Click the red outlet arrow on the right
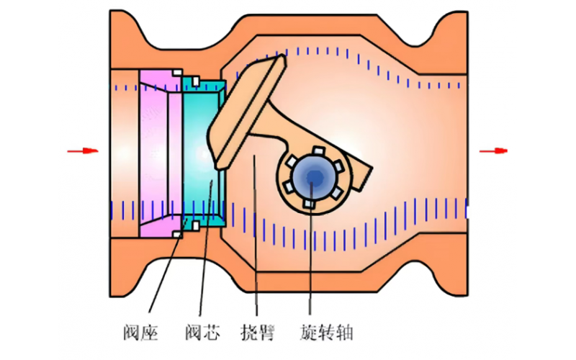494,150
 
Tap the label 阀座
140,333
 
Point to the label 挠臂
257,333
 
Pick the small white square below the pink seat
176,235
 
